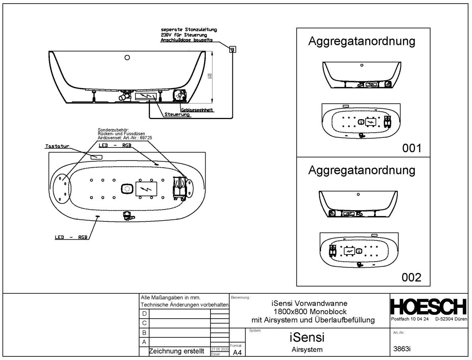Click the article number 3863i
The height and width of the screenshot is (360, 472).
click(x=402, y=349)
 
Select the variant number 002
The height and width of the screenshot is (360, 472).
click(x=411, y=277)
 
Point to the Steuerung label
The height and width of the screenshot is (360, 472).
click(x=177, y=115)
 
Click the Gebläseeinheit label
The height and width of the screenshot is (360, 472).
click(x=197, y=110)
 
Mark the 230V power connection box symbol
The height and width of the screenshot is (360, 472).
click(x=233, y=49)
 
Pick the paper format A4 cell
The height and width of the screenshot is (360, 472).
click(x=237, y=352)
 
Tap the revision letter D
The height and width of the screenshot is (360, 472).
click(x=144, y=314)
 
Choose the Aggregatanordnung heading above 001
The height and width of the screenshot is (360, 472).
click(x=362, y=42)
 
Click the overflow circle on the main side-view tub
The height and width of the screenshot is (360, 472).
click(x=127, y=57)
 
